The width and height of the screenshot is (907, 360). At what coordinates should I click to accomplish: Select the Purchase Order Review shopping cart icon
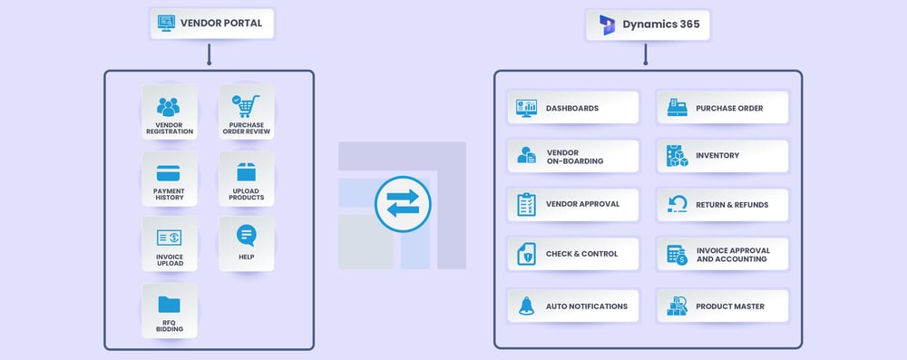tap(245, 105)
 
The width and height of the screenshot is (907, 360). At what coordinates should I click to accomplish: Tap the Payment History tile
tap(170, 179)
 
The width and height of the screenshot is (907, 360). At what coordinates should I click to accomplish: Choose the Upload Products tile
tap(246, 179)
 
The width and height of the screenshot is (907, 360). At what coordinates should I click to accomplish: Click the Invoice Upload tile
tap(170, 244)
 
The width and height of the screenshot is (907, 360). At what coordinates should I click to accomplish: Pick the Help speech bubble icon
tap(246, 236)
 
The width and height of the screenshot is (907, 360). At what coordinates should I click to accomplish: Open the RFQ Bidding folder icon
tap(170, 303)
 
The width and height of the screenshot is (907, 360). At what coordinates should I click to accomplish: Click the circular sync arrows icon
tap(402, 204)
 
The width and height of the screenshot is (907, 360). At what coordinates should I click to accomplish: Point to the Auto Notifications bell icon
tap(526, 306)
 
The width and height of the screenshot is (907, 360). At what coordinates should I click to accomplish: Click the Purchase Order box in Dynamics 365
tap(723, 108)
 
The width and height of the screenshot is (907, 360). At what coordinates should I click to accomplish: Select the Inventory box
tap(723, 156)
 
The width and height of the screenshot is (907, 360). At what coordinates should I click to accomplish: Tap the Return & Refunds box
tap(723, 205)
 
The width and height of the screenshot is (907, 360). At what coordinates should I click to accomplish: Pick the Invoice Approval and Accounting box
tap(723, 255)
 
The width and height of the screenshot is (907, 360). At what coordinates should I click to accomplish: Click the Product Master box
tap(723, 306)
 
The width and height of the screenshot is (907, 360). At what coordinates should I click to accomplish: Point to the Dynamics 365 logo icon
tap(605, 24)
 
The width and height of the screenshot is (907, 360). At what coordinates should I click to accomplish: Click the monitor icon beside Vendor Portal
tap(166, 23)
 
